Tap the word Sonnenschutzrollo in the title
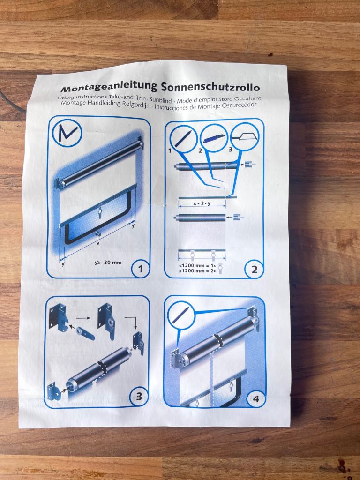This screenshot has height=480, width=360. (210, 87)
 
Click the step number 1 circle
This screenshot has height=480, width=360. (140, 269)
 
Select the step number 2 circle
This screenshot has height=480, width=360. (254, 269)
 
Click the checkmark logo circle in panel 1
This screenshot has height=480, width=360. (67, 133)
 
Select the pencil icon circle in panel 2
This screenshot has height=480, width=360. (182, 138)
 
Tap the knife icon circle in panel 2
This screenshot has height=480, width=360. (214, 137)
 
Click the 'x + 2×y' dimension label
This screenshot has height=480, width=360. (202, 204)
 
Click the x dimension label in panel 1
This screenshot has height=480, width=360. (97, 244)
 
